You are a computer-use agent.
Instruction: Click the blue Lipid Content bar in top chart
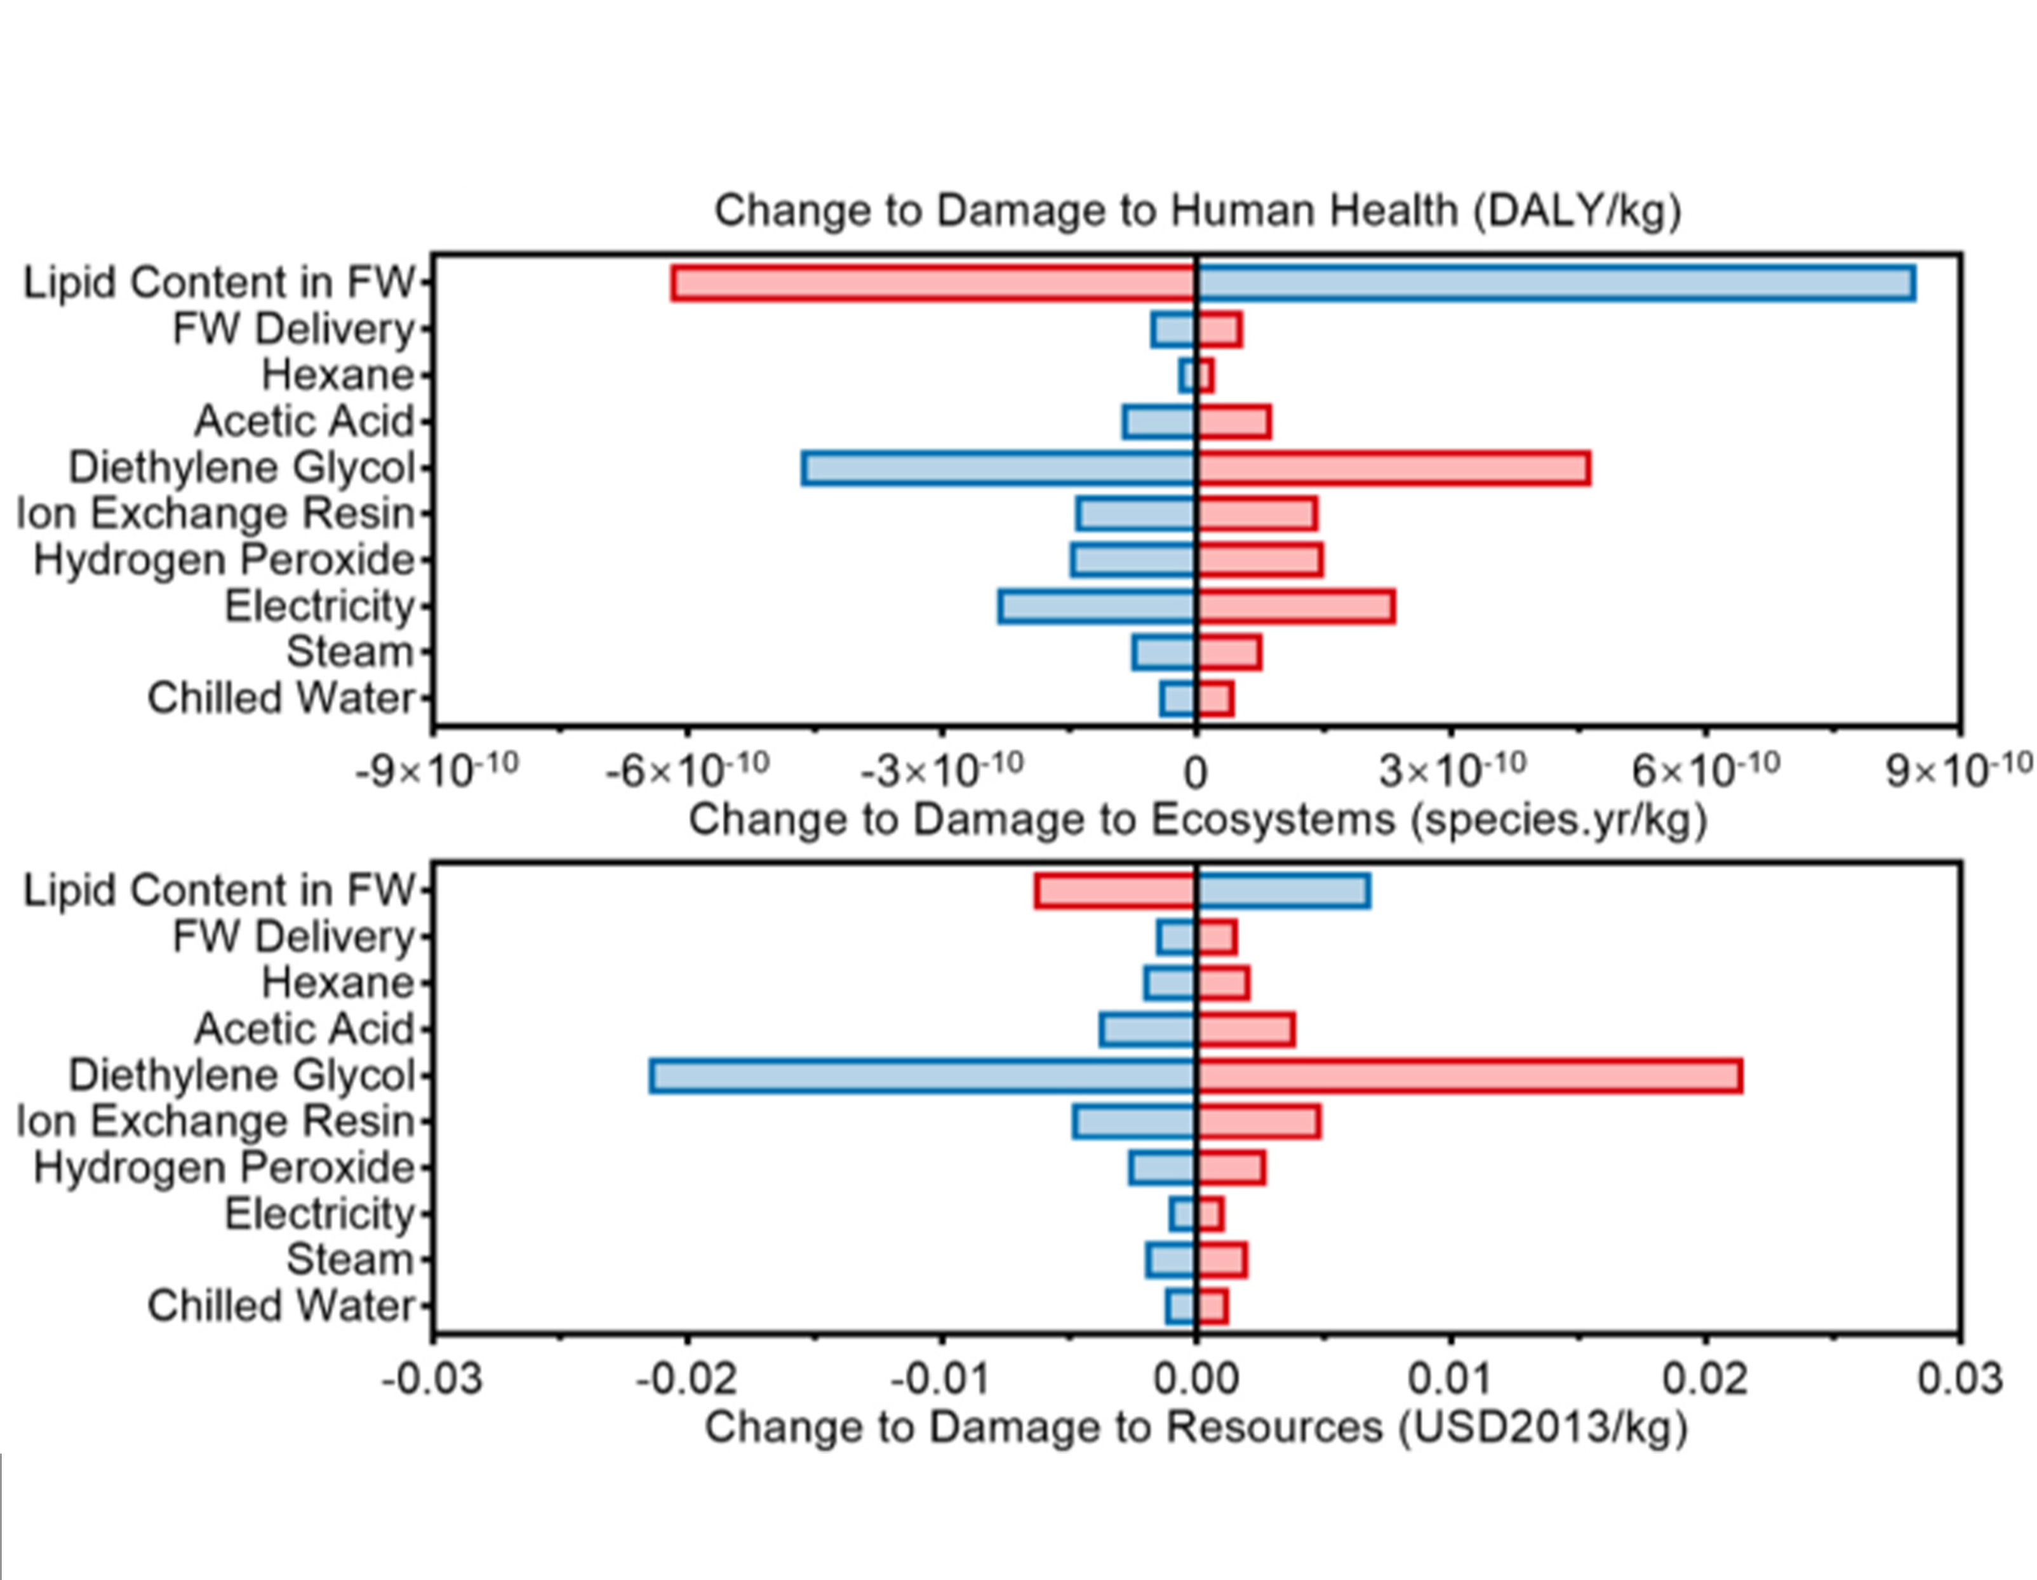pos(1555,283)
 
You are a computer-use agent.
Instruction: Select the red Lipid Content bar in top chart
pos(933,283)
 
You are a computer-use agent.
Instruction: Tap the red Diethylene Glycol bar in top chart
pos(1393,468)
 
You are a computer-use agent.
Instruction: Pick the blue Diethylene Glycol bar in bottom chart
pos(923,1075)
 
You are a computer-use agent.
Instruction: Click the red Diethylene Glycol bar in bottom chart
pos(1469,1075)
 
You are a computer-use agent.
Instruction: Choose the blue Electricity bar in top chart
pos(1097,606)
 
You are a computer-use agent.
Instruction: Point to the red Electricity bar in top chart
pos(1295,606)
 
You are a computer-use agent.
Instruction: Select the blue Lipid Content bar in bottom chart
pos(1283,891)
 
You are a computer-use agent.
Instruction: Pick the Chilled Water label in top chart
pos(281,699)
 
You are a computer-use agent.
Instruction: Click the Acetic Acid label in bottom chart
pos(304,1029)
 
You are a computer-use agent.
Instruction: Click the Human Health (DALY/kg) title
pos(1198,211)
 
